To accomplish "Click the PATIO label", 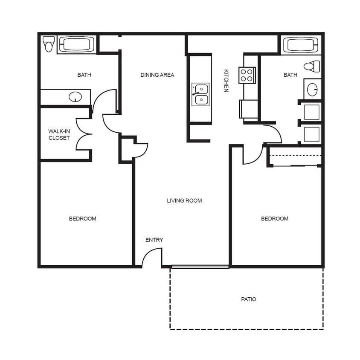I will (x=248, y=299).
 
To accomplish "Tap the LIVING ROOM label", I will (x=184, y=200).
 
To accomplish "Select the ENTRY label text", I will (x=154, y=240).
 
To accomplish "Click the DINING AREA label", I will (x=157, y=75).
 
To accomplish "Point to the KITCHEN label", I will (x=226, y=81).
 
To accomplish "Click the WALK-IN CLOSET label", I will (x=59, y=135).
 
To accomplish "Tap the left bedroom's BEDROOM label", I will (x=83, y=219).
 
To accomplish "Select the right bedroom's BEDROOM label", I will (x=275, y=219).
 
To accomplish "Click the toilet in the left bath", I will (x=49, y=44).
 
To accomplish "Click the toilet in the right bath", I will (x=312, y=66).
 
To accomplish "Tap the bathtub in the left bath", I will (x=76, y=44).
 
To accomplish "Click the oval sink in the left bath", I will (x=75, y=97).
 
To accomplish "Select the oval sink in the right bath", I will (x=312, y=89).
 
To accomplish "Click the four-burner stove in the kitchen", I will (x=247, y=75).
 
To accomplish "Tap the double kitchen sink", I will (x=200, y=94).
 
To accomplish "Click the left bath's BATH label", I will (x=84, y=75).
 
